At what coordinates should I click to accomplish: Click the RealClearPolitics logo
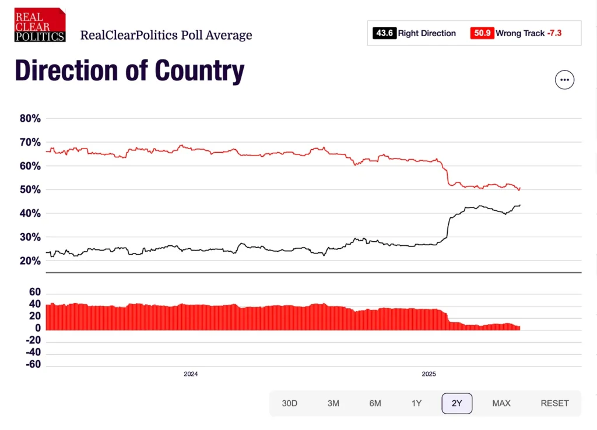pyautogui.click(x=40, y=24)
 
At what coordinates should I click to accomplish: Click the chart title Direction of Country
pyautogui.click(x=129, y=71)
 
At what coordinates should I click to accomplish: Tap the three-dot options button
pyautogui.click(x=564, y=80)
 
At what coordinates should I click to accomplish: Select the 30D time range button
pyautogui.click(x=290, y=403)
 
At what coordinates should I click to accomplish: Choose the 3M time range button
pyautogui.click(x=333, y=403)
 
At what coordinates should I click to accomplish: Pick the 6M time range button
pyautogui.click(x=375, y=403)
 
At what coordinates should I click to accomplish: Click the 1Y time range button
pyautogui.click(x=416, y=403)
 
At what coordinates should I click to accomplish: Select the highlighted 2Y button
pyautogui.click(x=457, y=403)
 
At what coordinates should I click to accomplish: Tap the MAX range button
pyautogui.click(x=501, y=403)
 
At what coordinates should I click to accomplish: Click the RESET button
pyautogui.click(x=554, y=403)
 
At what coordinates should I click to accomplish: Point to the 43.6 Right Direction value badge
pyautogui.click(x=385, y=33)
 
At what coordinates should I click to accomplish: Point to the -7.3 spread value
pyautogui.click(x=554, y=33)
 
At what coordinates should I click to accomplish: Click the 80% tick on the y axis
pyautogui.click(x=30, y=118)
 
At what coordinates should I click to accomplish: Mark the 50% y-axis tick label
pyautogui.click(x=30, y=190)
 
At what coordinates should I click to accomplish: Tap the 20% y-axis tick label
pyautogui.click(x=30, y=261)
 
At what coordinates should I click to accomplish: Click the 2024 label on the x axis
pyautogui.click(x=191, y=374)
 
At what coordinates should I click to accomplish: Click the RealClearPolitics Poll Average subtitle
pyautogui.click(x=166, y=35)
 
